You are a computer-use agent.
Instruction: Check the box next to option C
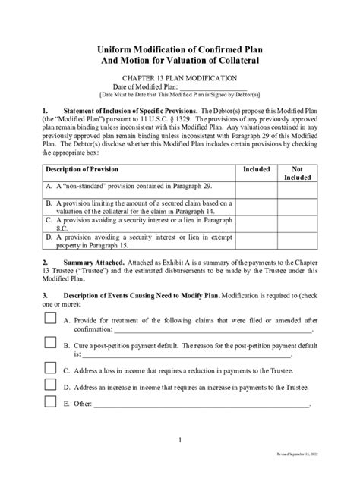click(x=51, y=369)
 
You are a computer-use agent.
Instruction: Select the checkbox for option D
click(x=51, y=385)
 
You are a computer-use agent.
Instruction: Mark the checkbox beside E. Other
click(x=51, y=401)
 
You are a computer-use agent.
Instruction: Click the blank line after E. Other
click(x=201, y=405)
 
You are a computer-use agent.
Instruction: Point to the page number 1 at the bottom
click(x=179, y=440)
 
